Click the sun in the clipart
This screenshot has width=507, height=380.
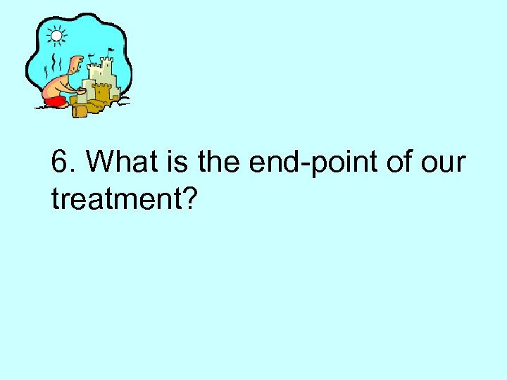click(x=56, y=33)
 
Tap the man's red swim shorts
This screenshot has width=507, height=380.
click(x=54, y=101)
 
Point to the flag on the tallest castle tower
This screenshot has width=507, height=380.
click(x=111, y=51)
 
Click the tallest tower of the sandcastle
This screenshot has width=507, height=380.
click(x=107, y=70)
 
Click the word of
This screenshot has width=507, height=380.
click(x=398, y=163)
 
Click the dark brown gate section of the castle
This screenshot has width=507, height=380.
click(x=103, y=91)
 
